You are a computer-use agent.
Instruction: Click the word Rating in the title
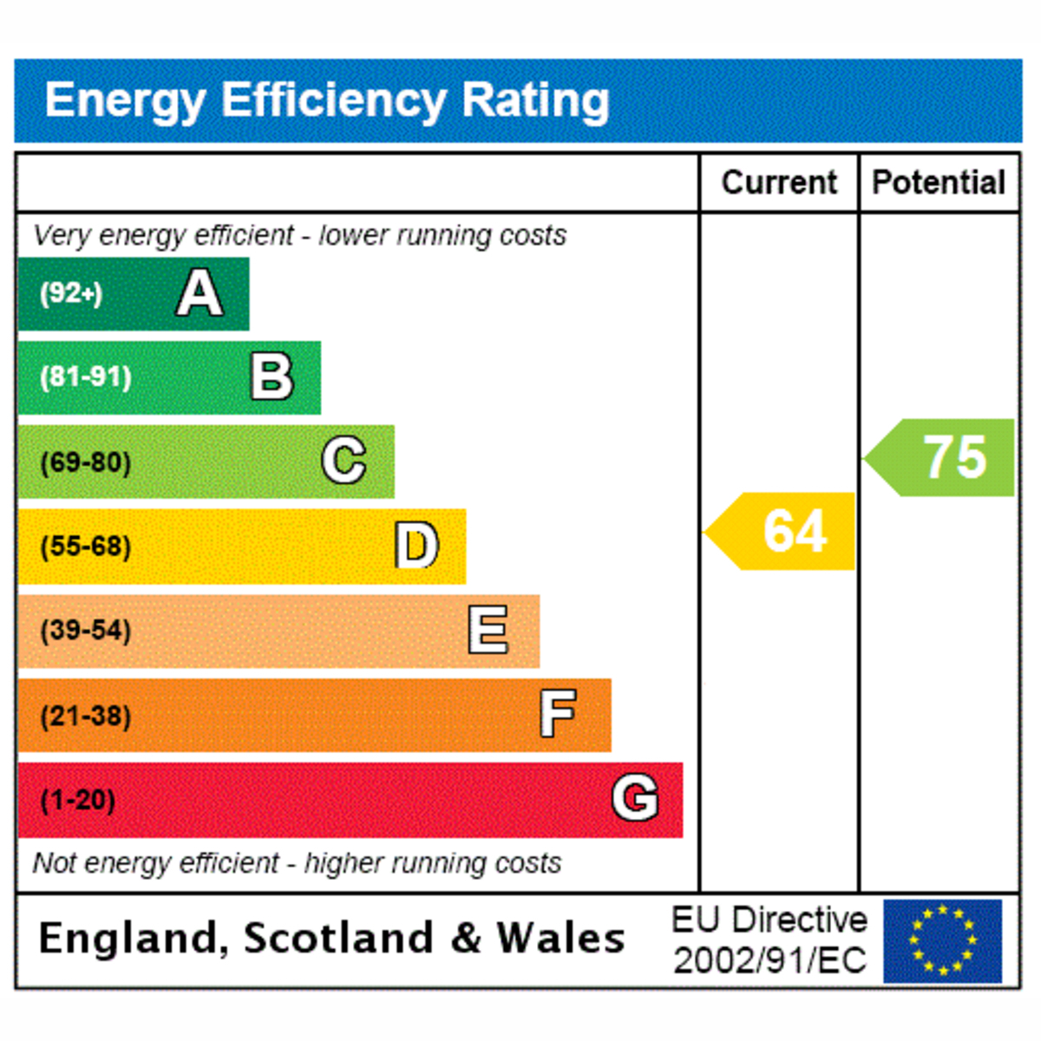[535, 101]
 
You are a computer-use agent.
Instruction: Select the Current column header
[779, 182]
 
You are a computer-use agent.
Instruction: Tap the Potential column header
[939, 182]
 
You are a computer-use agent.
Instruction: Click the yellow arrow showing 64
[779, 531]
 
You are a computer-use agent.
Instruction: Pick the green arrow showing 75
[939, 457]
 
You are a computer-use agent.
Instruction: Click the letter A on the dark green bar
[200, 293]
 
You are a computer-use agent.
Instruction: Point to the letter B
[272, 376]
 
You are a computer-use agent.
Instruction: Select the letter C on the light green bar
[344, 461]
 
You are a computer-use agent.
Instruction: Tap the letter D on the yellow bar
[416, 545]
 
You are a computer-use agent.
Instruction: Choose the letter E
[488, 629]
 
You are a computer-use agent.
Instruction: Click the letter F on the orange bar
[558, 714]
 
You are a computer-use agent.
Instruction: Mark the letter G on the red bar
[635, 797]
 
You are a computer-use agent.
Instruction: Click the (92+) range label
[71, 294]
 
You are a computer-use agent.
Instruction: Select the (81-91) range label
[85, 377]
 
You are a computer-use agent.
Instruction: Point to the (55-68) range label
[85, 547]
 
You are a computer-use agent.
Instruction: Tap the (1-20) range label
[77, 800]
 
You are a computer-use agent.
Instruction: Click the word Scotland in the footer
[338, 938]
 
